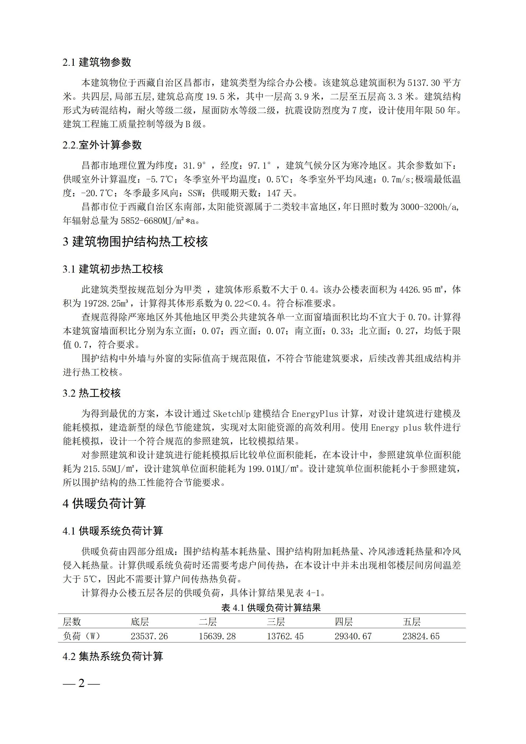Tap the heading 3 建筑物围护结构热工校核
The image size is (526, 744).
[135, 242]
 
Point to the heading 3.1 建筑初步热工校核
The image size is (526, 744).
[113, 269]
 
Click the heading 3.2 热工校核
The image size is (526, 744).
[92, 393]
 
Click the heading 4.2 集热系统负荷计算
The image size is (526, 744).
[113, 656]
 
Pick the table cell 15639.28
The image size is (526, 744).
[217, 636]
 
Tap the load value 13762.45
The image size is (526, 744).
[285, 636]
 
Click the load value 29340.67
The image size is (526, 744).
[353, 636]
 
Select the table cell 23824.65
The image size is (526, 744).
[421, 636]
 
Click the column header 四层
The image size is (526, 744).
[344, 622]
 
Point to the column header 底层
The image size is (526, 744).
[140, 622]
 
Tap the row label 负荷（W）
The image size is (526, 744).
[81, 636]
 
